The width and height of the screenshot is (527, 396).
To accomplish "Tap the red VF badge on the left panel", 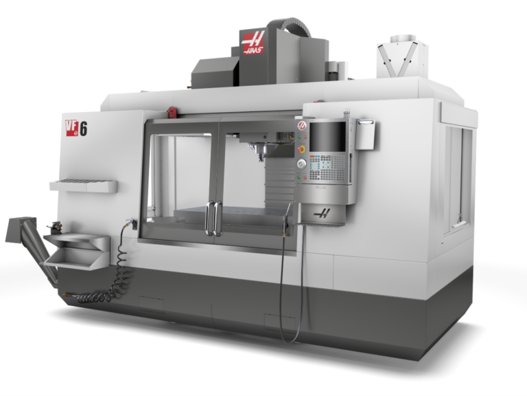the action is [72, 129].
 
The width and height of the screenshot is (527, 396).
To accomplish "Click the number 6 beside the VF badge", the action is [83, 129].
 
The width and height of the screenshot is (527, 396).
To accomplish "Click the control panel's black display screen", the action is [327, 137].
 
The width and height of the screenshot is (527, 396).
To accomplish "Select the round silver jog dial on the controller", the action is [301, 164].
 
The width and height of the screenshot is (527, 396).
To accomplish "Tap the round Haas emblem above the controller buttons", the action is [302, 126].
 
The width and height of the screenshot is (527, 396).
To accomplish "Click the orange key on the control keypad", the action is [312, 157].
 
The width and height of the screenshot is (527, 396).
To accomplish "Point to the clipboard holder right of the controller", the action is [365, 134].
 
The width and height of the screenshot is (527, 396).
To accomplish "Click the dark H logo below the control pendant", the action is [322, 213].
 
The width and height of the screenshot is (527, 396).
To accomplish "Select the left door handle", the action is [209, 218].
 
